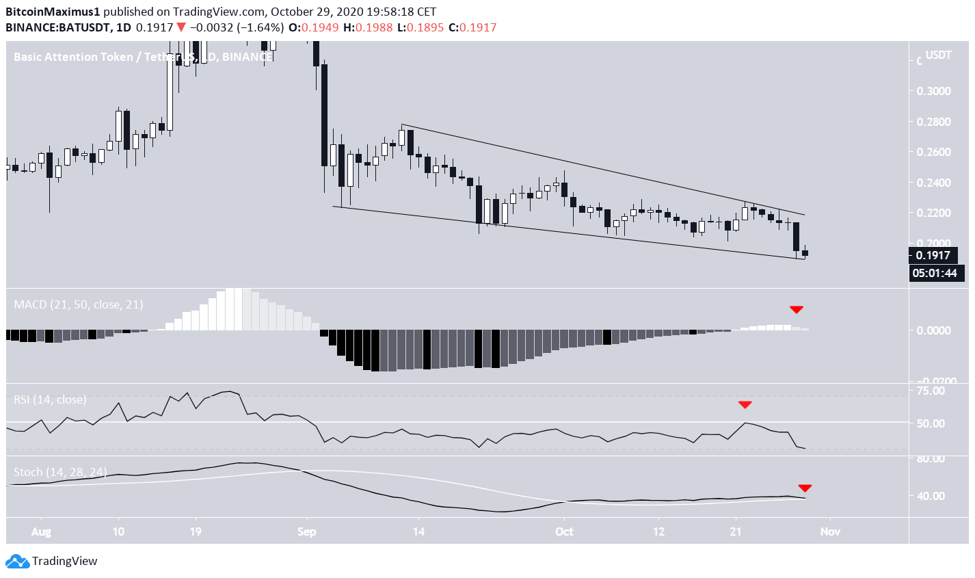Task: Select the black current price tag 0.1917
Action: (x=933, y=256)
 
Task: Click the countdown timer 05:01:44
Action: (x=936, y=274)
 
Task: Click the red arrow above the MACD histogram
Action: (x=797, y=310)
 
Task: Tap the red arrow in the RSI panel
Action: (x=745, y=405)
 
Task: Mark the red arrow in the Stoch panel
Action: (x=805, y=488)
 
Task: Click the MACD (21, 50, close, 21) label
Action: (x=79, y=304)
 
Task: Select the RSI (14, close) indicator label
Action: (x=50, y=399)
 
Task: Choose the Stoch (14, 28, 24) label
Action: (x=60, y=472)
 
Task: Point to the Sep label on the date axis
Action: (x=307, y=531)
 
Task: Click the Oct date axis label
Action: (x=564, y=531)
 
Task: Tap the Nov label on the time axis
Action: (x=829, y=531)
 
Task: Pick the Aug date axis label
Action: (x=42, y=531)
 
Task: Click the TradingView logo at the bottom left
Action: (x=53, y=562)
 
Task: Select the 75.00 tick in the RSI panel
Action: (x=931, y=391)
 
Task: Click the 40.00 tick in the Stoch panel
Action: (x=931, y=496)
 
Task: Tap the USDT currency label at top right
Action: (x=938, y=55)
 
